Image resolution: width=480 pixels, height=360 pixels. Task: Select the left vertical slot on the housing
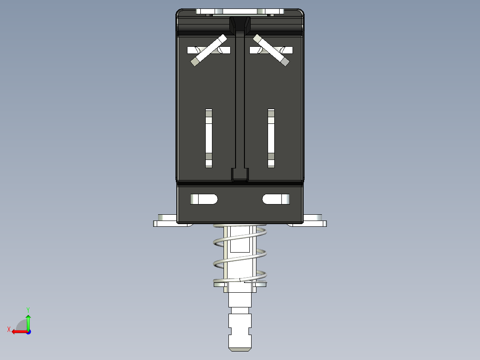209,138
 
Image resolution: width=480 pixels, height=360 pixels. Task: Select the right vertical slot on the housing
271,138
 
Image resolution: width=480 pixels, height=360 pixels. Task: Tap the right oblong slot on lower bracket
276,199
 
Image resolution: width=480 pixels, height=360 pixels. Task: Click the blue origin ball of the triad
28,331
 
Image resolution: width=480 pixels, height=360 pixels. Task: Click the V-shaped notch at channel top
240,25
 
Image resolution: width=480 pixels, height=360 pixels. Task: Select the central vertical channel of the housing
240,102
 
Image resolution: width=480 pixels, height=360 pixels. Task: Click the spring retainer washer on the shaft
240,284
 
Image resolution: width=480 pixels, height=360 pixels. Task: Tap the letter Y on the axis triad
28,309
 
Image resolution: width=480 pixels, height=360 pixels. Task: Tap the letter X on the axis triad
9,329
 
